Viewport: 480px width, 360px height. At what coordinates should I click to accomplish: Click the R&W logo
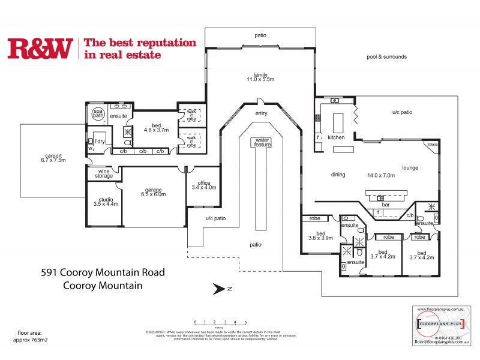click(x=40, y=49)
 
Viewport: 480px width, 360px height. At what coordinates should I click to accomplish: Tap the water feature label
click(x=263, y=142)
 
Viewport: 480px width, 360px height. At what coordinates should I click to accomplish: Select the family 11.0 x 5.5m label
click(x=260, y=76)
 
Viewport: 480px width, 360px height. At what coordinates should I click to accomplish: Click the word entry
click(x=260, y=113)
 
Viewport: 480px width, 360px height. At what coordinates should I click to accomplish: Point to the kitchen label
click(x=337, y=137)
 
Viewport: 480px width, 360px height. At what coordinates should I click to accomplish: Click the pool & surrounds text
click(x=386, y=57)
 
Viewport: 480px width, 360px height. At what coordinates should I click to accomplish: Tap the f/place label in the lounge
click(x=431, y=145)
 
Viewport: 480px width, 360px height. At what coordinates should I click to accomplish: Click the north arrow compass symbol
click(x=219, y=289)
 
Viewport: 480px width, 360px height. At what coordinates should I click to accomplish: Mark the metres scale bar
click(x=220, y=324)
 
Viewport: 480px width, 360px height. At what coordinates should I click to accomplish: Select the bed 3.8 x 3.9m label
click(x=320, y=235)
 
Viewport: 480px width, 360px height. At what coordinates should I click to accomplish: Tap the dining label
click(x=338, y=175)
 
